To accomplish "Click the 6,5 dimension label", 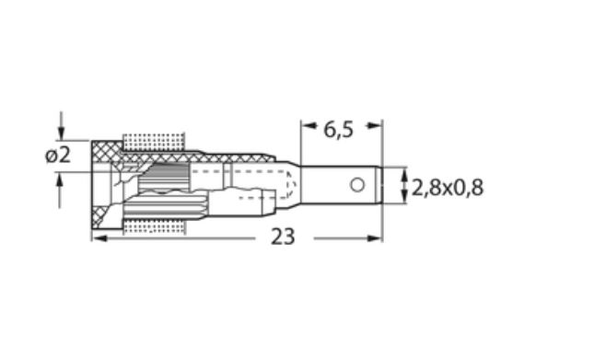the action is click(x=338, y=130).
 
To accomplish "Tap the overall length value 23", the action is click(x=283, y=237).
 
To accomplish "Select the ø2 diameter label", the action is click(x=58, y=156).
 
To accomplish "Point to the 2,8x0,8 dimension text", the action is click(x=448, y=188).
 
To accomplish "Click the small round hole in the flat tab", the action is click(x=357, y=185).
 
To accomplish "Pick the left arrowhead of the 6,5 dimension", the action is click(x=309, y=125).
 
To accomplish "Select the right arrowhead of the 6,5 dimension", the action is click(x=374, y=125).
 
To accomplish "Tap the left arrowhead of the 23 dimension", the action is click(x=99, y=238).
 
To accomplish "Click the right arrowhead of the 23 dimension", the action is click(x=374, y=238).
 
